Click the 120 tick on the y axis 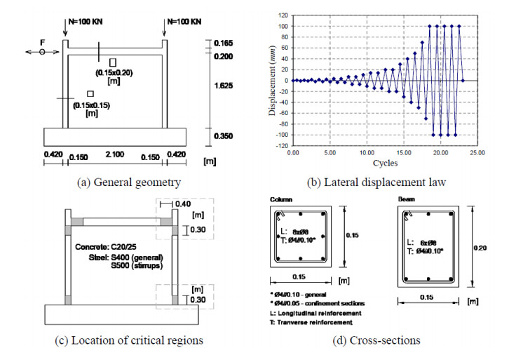pos(283,13)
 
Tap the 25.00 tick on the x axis pos(477,152)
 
